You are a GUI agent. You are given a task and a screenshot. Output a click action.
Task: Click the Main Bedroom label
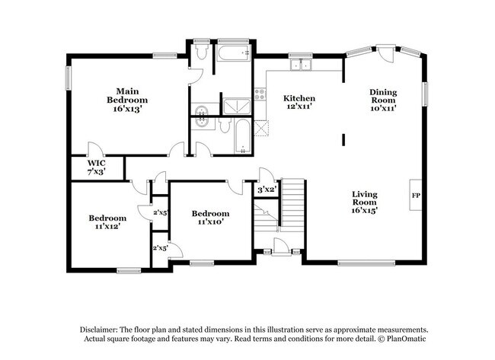pyautogui.click(x=127, y=100)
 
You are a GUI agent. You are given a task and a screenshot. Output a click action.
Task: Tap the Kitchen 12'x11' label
pyautogui.click(x=299, y=102)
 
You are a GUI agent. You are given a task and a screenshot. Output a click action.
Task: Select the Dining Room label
pyautogui.click(x=383, y=100)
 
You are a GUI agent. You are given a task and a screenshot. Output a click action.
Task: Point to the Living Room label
pyautogui.click(x=365, y=202)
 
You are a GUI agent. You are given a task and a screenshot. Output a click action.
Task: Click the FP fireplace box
pyautogui.click(x=416, y=195)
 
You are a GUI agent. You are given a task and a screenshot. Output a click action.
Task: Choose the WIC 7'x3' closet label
pyautogui.click(x=96, y=167)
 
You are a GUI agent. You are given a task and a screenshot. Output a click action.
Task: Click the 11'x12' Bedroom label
pyautogui.click(x=107, y=221)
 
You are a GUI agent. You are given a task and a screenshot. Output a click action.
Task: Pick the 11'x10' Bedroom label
pyautogui.click(x=210, y=218)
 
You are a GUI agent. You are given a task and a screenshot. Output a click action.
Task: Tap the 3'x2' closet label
pyautogui.click(x=267, y=190)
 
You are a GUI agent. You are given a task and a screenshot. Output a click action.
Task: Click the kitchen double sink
pyautogui.click(x=301, y=65)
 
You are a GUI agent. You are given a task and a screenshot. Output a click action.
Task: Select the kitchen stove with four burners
pyautogui.click(x=260, y=94)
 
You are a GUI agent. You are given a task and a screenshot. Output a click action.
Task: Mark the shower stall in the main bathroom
pyautogui.click(x=237, y=107)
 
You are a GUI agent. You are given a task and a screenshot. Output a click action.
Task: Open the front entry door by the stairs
pyautogui.click(x=281, y=247)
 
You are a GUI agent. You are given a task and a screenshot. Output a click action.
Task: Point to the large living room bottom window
pyautogui.click(x=366, y=263)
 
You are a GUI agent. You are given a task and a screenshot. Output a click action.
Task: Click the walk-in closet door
pyautogui.click(x=95, y=149)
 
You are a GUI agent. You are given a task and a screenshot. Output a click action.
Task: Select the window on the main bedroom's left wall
pyautogui.click(x=68, y=78)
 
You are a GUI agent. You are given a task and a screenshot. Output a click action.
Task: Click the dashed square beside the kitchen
pyautogui.click(x=261, y=129)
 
